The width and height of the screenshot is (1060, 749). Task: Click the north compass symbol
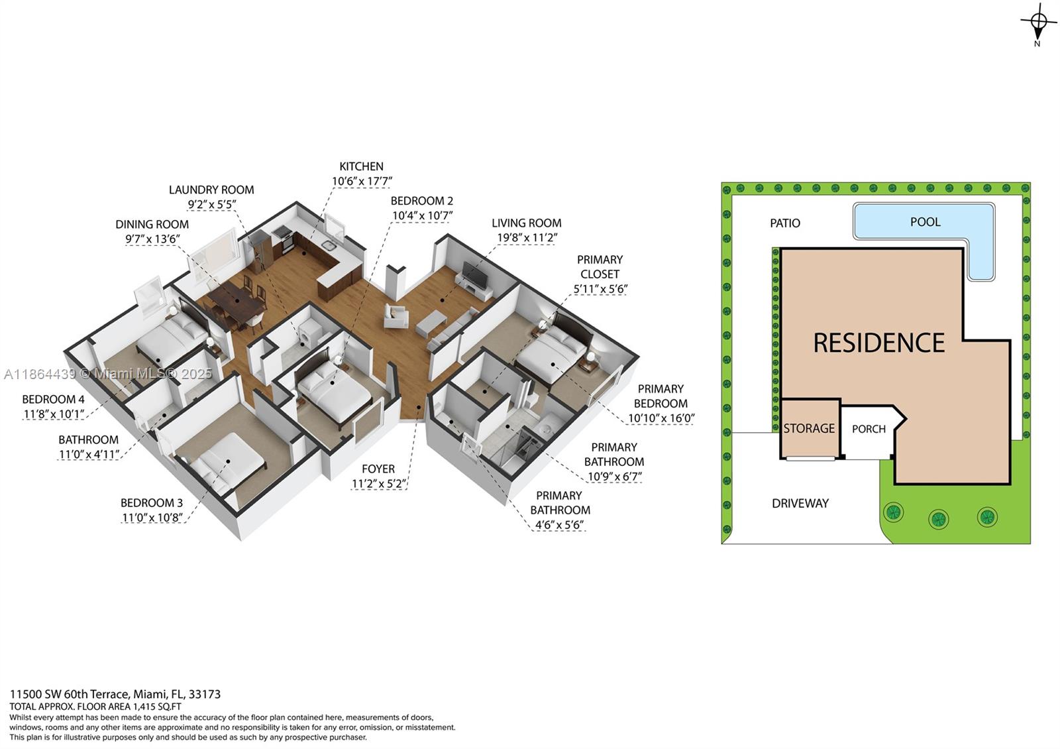(1038, 24)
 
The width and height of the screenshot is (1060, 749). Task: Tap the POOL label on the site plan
(925, 222)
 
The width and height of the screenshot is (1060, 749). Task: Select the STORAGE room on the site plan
(809, 428)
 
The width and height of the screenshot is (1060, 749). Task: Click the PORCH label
(869, 429)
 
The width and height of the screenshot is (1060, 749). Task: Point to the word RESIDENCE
(878, 343)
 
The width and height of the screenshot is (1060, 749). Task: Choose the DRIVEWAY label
(800, 503)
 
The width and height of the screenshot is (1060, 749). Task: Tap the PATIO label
(785, 223)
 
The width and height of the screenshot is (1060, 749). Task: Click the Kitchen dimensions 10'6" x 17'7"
(362, 181)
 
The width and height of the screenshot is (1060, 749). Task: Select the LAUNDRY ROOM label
(211, 190)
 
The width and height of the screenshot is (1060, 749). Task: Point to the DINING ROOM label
(152, 224)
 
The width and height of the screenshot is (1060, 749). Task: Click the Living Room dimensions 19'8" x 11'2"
(527, 238)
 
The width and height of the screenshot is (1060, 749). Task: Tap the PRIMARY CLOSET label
(600, 266)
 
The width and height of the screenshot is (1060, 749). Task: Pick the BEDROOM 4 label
(53, 399)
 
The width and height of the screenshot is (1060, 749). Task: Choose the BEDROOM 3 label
(152, 502)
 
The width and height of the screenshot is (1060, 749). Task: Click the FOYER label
(378, 469)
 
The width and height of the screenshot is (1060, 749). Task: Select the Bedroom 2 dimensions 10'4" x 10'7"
(422, 215)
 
